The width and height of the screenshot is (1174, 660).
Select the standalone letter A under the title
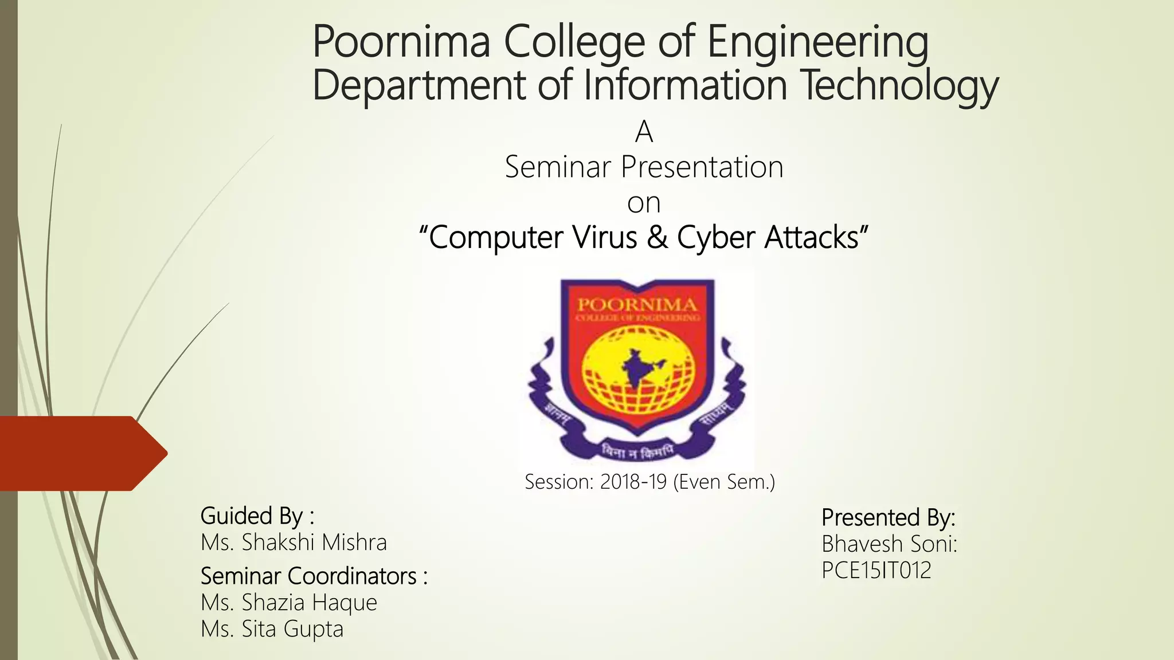coord(644,132)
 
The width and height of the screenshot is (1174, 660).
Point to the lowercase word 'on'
coord(644,203)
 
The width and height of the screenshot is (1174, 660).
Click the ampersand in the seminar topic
coord(658,237)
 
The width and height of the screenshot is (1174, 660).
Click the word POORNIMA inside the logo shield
coord(637,304)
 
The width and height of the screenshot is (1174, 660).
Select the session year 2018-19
coord(633,482)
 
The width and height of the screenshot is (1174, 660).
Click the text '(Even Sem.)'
coord(724,482)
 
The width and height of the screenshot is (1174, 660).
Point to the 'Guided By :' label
coord(257,516)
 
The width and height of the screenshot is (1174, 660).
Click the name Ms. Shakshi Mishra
coord(293,542)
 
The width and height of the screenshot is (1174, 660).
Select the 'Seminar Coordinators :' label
coord(314,576)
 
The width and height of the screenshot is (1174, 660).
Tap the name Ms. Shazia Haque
coord(289,602)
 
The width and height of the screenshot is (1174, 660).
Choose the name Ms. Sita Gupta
coord(272,628)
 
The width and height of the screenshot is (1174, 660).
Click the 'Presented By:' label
coord(888,517)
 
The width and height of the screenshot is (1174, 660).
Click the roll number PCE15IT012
coord(876,570)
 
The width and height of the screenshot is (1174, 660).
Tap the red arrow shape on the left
coord(80,453)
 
